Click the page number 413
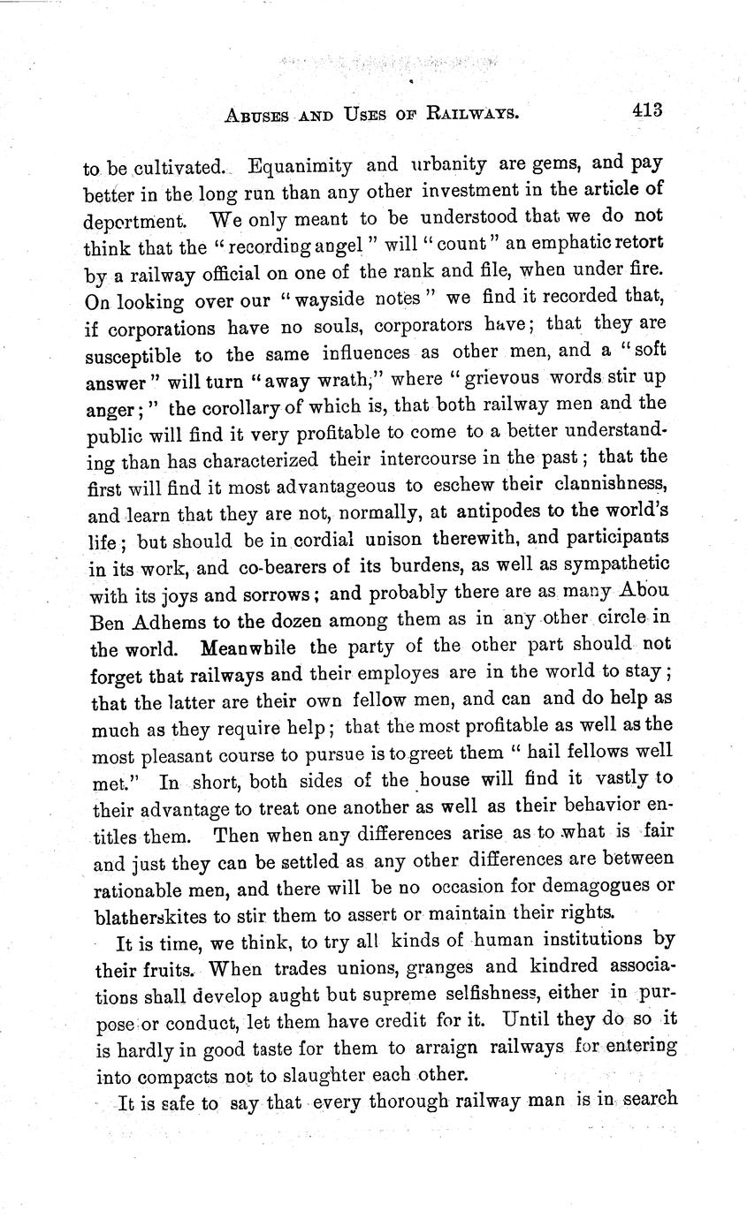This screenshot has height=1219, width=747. tap(647, 110)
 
